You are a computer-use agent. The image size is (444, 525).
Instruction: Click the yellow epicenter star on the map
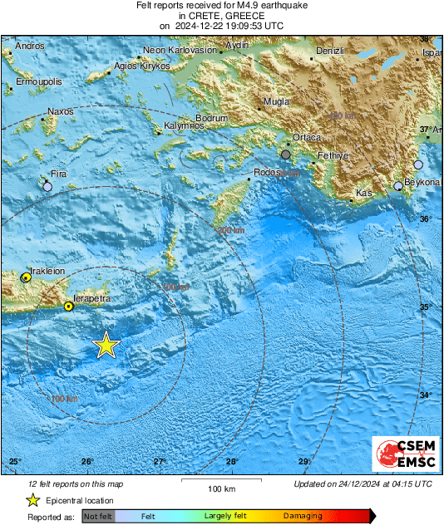tap(106, 344)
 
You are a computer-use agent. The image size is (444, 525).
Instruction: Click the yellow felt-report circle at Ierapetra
tap(69, 307)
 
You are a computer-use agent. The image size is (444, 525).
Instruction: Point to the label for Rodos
tap(268, 172)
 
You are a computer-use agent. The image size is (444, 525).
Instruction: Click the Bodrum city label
tap(211, 118)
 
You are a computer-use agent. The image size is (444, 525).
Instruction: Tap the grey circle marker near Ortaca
tap(286, 155)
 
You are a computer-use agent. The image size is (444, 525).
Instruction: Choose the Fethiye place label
tap(333, 156)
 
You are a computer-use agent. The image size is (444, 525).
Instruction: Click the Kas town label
tap(363, 193)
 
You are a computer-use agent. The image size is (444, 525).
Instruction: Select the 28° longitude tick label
tap(232, 462)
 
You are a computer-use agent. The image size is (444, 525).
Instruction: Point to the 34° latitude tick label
tap(425, 395)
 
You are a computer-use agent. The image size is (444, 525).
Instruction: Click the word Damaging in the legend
tap(303, 516)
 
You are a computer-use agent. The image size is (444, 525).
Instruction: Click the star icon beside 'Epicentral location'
tap(32, 500)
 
